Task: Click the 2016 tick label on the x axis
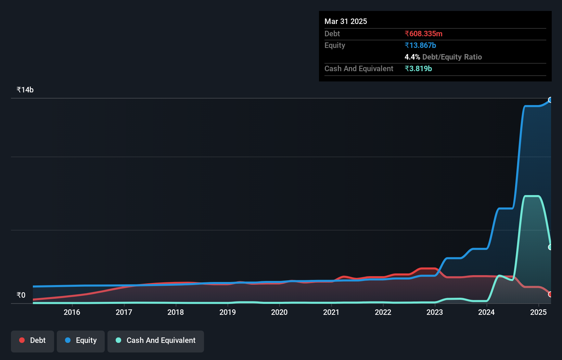(72, 312)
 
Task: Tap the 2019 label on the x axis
(228, 312)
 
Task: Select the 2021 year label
(331, 312)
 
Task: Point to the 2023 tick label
(435, 312)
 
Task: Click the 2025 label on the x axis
(538, 312)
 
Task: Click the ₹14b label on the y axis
(25, 90)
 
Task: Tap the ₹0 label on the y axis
(21, 295)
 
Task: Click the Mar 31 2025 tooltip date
(346, 21)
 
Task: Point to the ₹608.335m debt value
(423, 34)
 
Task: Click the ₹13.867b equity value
(420, 45)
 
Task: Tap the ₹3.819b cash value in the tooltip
(418, 68)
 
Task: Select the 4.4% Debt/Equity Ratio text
(443, 57)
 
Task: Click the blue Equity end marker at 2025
(550, 100)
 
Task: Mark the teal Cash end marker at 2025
(550, 247)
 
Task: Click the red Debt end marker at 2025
(550, 294)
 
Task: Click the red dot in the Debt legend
(22, 340)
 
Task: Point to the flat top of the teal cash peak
(532, 196)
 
